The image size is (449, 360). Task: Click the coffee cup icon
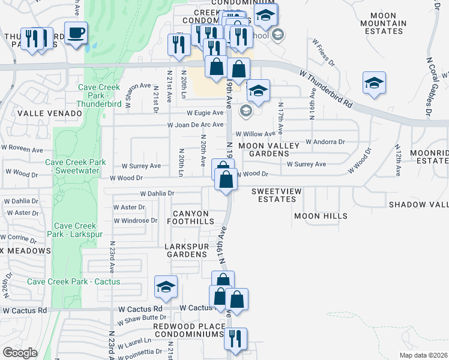click(x=76, y=32)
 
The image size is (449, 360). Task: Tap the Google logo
click(x=20, y=353)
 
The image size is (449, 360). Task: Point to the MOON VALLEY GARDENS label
click(x=264, y=149)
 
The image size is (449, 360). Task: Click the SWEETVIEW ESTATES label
click(x=276, y=195)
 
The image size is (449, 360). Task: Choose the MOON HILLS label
click(x=321, y=215)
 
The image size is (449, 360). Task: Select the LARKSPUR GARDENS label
click(x=187, y=250)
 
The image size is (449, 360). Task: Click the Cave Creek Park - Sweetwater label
click(x=76, y=166)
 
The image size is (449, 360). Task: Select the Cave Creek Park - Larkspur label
click(x=76, y=230)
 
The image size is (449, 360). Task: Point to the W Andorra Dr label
click(x=325, y=142)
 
